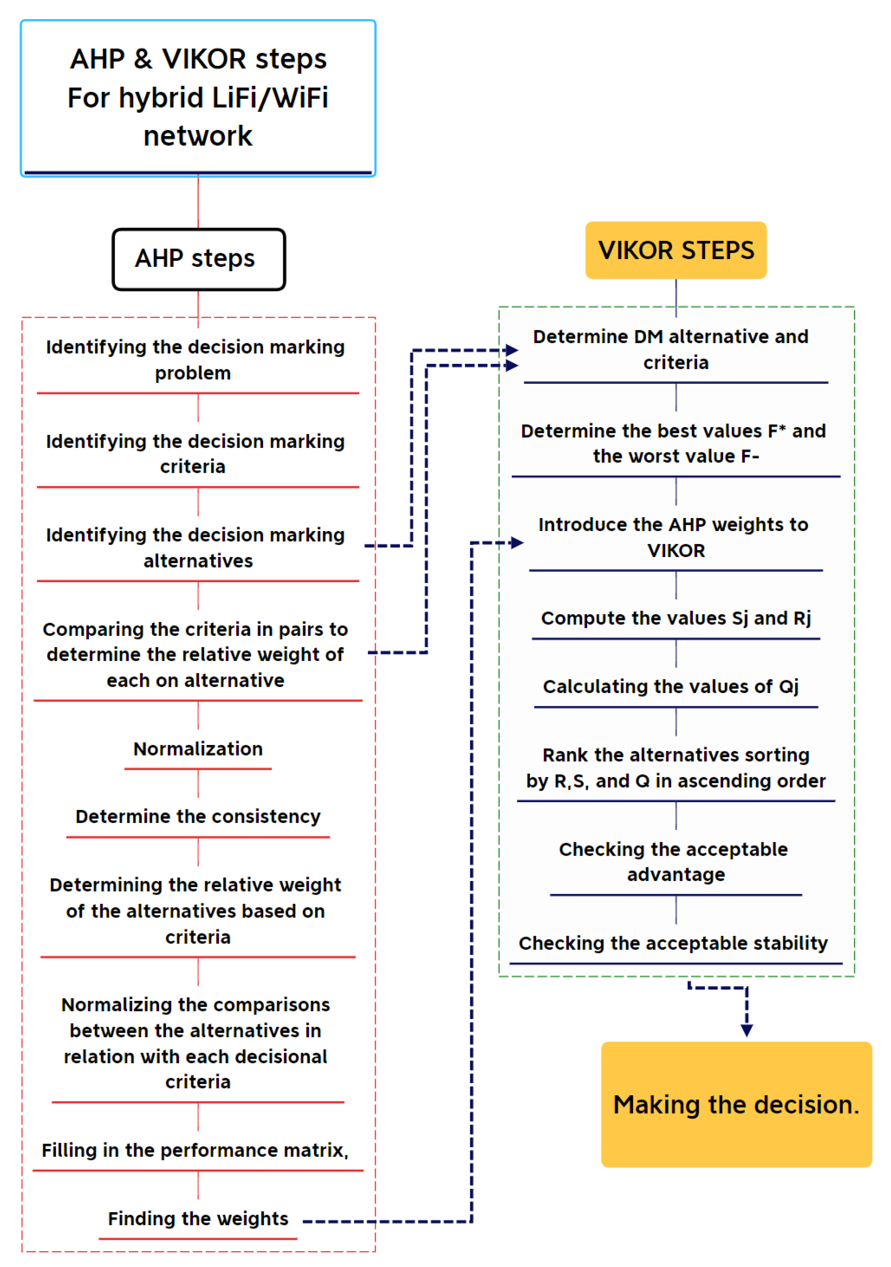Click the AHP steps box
click(199, 259)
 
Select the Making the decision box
click(736, 1104)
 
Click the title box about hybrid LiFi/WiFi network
click(198, 98)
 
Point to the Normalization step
click(198, 749)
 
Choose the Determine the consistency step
click(198, 816)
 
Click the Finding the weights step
click(198, 1218)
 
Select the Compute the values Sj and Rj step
click(676, 618)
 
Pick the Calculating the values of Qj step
click(671, 686)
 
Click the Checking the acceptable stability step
click(673, 943)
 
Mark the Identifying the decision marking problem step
click(195, 360)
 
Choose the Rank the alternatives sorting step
click(676, 768)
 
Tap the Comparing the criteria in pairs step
click(195, 655)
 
